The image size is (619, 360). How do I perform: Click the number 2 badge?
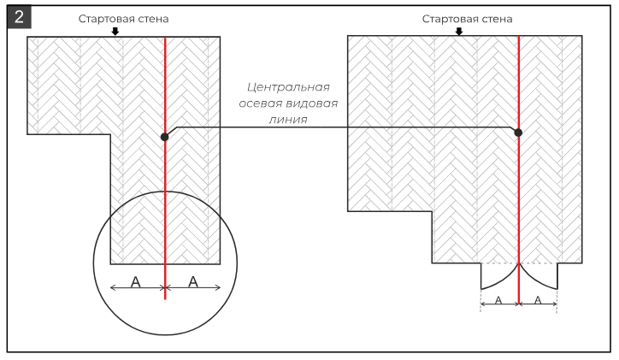pos(19,18)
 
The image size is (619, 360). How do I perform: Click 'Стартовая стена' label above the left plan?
pos(123,19)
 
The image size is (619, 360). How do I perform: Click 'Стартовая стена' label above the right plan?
pos(467,19)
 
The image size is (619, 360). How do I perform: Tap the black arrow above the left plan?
pos(115,31)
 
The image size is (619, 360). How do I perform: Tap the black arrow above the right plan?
pos(459,31)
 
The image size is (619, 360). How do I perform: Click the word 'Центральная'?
pos(288,87)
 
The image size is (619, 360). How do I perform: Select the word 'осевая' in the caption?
pos(261,103)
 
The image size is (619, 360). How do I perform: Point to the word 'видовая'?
pos(312,103)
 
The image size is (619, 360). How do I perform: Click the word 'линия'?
pos(288,120)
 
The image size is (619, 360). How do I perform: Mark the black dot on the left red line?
pos(165,137)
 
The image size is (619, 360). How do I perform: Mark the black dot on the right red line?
pos(518,133)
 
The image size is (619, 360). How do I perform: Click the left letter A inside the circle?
pos(135,282)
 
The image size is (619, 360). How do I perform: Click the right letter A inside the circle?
pos(193,281)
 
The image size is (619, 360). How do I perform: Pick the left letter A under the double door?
pos(498,300)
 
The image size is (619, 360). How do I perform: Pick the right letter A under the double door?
pos(538,300)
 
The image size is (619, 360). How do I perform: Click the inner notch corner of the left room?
pos(110,134)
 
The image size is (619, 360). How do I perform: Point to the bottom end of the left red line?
pos(165,299)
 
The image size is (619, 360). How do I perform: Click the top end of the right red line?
pos(519,36)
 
